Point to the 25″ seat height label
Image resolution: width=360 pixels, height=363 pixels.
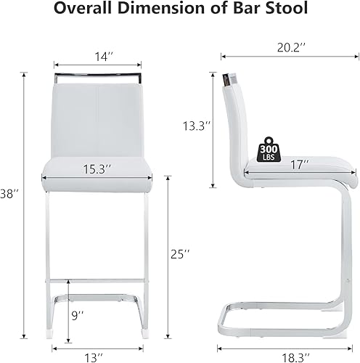(x=181, y=254)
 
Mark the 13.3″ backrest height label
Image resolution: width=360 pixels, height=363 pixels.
(x=196, y=126)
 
